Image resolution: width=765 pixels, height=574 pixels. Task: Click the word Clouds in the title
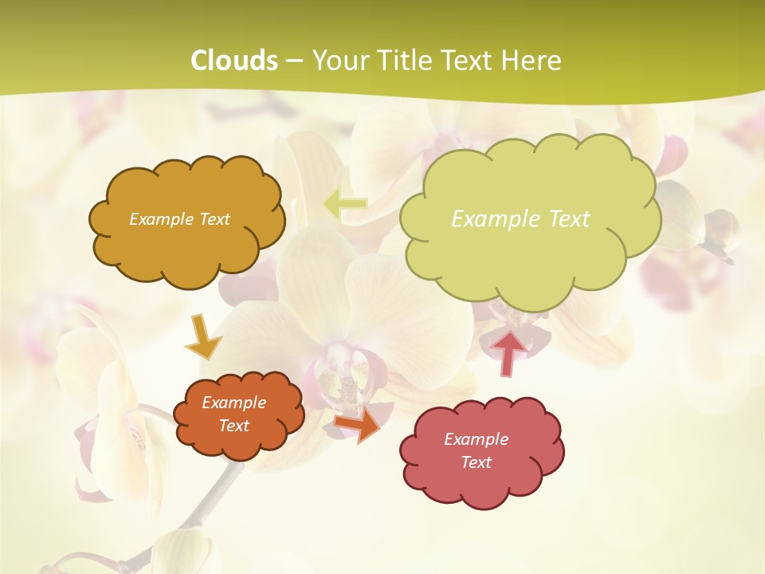(234, 61)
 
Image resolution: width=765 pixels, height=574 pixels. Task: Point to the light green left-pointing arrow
(345, 205)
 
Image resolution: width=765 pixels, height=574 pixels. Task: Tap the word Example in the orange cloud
(234, 403)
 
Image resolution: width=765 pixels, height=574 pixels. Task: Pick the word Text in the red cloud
(477, 462)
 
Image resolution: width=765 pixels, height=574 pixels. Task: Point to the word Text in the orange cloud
(234, 426)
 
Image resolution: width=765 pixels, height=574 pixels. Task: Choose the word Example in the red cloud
(477, 439)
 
